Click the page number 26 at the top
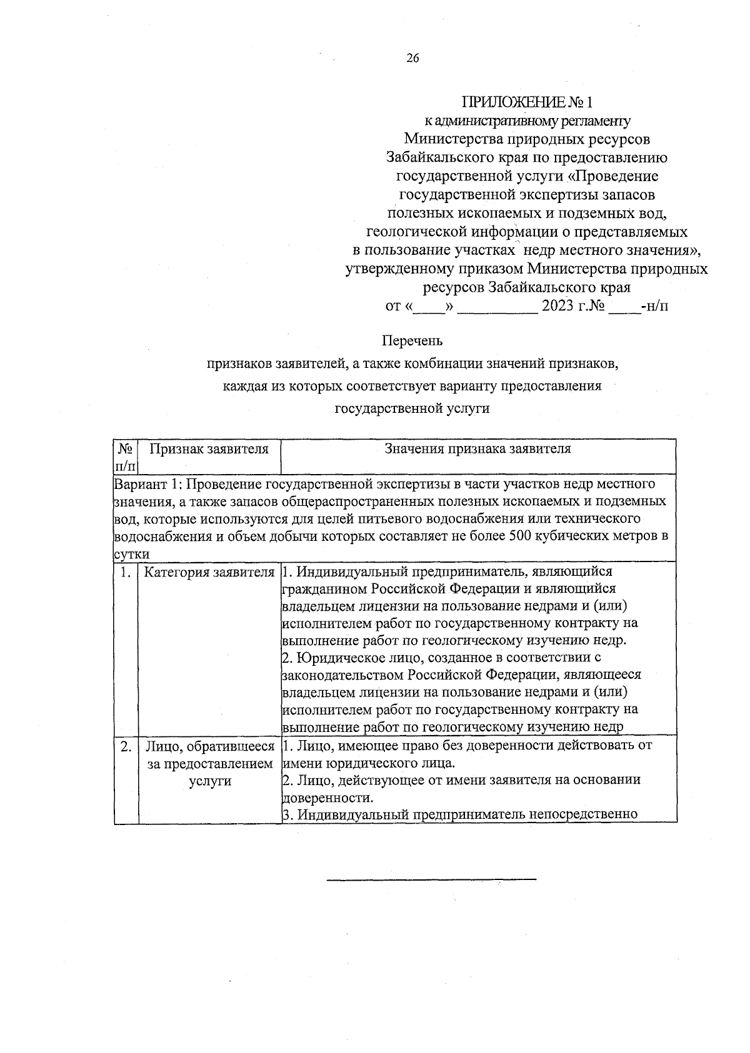click(412, 59)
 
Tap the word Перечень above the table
click(412, 341)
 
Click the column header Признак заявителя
click(209, 449)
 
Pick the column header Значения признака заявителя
click(477, 449)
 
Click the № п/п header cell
click(126, 457)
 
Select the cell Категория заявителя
click(209, 572)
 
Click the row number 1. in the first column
click(126, 572)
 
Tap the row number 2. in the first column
click(126, 746)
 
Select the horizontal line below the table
click(431, 880)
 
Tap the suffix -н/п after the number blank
click(654, 307)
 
